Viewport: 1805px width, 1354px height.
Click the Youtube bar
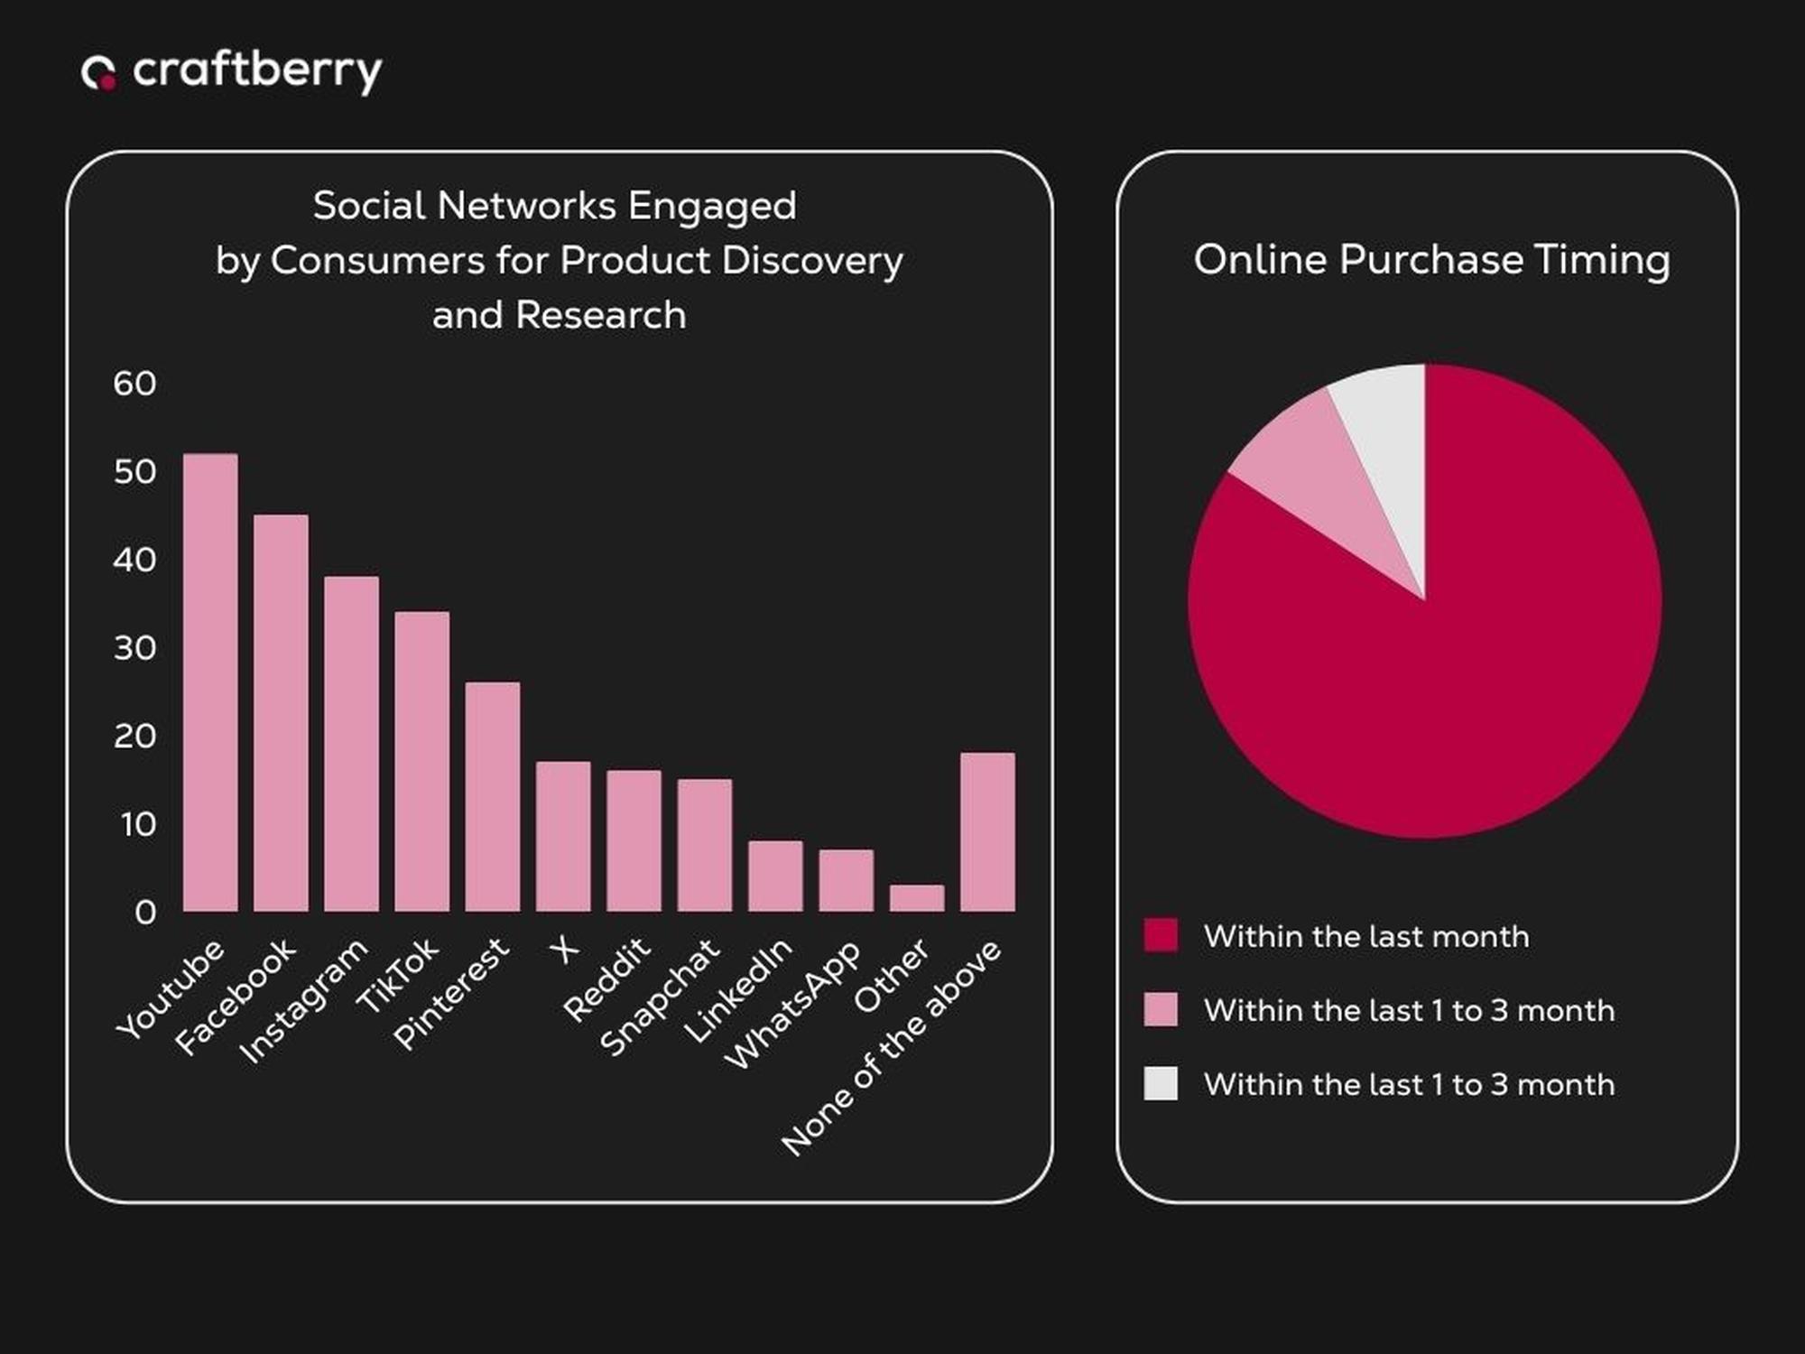coord(210,682)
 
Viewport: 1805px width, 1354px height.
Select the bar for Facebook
coord(281,713)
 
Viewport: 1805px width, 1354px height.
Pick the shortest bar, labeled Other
coord(917,898)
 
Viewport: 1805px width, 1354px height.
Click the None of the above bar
coord(987,831)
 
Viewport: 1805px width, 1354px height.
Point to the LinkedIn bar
coord(775,876)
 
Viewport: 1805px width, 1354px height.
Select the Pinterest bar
coord(493,796)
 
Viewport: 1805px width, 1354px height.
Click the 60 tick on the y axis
coord(134,384)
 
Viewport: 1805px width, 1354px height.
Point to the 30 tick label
coord(134,648)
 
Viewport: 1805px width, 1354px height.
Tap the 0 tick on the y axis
coord(144,913)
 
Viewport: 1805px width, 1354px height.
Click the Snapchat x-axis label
coord(660,997)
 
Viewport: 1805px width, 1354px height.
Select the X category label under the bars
coord(564,950)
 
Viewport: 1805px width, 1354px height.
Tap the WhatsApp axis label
coord(792,1005)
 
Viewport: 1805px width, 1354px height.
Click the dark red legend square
coord(1161,935)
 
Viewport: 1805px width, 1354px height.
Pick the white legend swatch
coord(1161,1083)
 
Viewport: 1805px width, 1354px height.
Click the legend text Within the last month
coord(1366,937)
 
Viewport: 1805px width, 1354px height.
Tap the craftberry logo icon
coord(98,73)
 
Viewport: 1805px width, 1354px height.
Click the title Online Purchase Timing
coord(1431,260)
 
